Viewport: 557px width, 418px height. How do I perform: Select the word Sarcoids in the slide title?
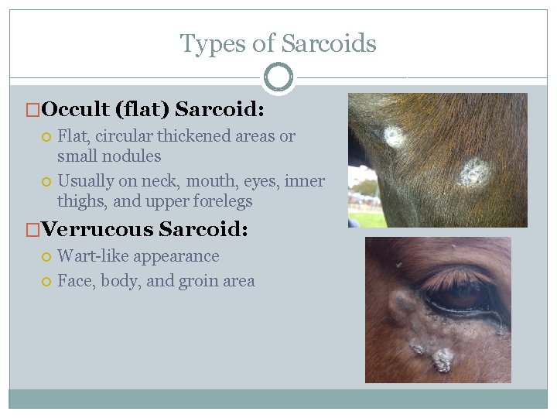tap(329, 43)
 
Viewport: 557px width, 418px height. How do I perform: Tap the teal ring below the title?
tap(278, 77)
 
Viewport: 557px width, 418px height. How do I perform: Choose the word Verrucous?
tap(97, 229)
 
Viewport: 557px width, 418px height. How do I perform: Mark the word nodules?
tap(133, 156)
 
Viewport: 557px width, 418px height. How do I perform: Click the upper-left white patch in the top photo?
tap(395, 137)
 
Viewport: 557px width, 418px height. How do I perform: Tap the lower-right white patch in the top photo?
tap(474, 172)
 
